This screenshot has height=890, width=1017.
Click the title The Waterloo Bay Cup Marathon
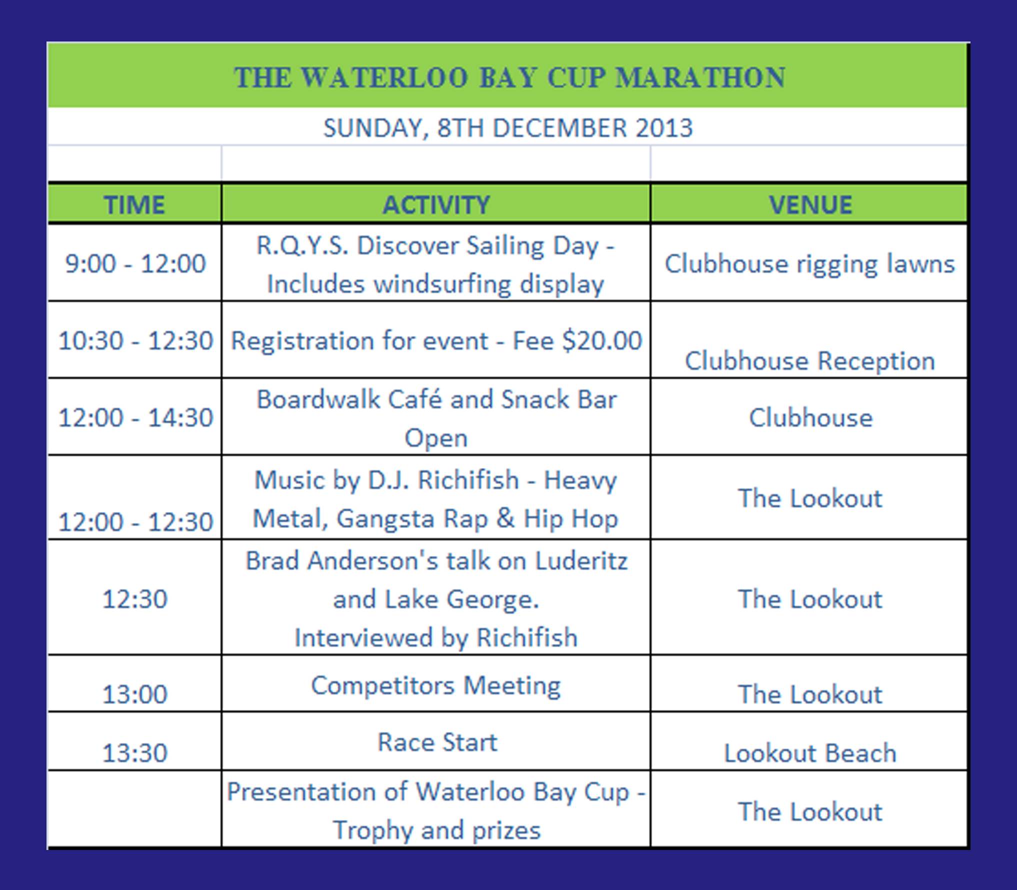pyautogui.click(x=509, y=78)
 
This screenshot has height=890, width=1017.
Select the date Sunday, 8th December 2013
pyautogui.click(x=508, y=128)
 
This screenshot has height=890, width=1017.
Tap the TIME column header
pyautogui.click(x=134, y=205)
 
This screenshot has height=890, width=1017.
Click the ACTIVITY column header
pyautogui.click(x=436, y=205)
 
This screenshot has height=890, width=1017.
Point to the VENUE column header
pyautogui.click(x=810, y=205)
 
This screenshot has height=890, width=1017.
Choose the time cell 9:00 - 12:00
pyautogui.click(x=135, y=263)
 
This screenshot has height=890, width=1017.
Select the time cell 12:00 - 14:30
pyautogui.click(x=135, y=417)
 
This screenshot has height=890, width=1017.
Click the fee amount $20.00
pyautogui.click(x=602, y=341)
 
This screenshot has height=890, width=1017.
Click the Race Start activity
pyautogui.click(x=437, y=742)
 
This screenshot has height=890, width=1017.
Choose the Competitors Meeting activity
pyautogui.click(x=436, y=686)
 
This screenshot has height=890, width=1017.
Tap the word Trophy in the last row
pyautogui.click(x=372, y=831)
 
